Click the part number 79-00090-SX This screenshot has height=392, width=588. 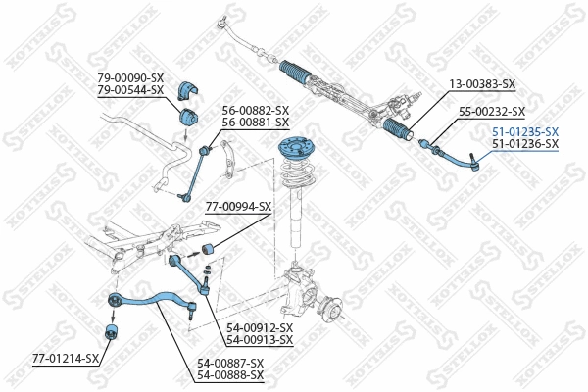pyautogui.click(x=130, y=77)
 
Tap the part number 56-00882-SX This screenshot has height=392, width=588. pyautogui.click(x=256, y=110)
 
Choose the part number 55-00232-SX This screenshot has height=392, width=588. pyautogui.click(x=493, y=112)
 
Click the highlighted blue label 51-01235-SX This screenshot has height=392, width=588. pyautogui.click(x=525, y=131)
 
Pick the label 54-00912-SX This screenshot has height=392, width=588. pyautogui.click(x=260, y=327)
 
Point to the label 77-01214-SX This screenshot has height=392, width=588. pyautogui.click(x=66, y=359)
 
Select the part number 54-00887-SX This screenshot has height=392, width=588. pyautogui.click(x=230, y=363)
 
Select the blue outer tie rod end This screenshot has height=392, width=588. pyautogui.click(x=451, y=151)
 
